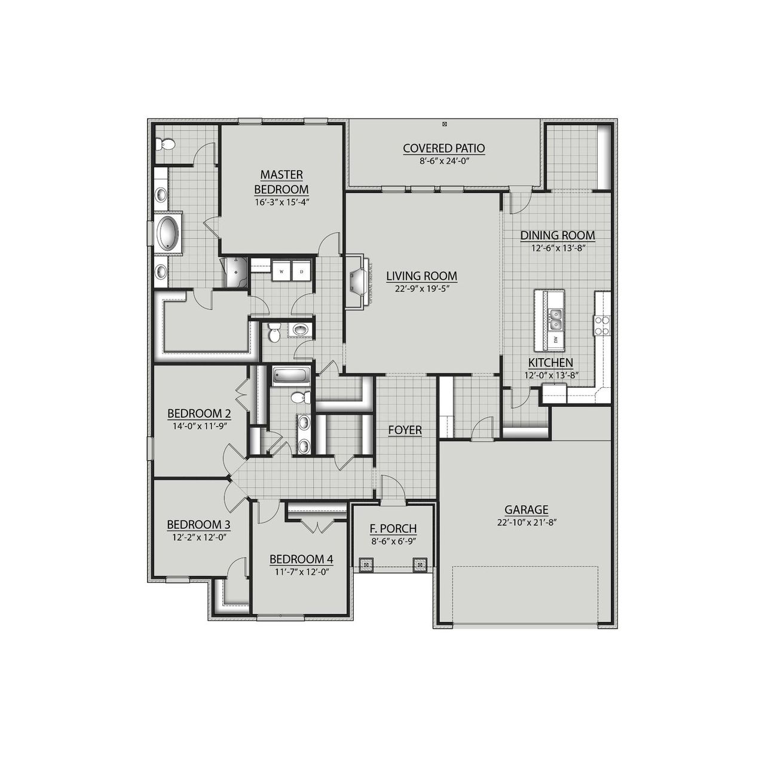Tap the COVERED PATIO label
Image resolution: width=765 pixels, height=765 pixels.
[443, 148]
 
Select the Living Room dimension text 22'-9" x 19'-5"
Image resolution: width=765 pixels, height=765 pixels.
[421, 288]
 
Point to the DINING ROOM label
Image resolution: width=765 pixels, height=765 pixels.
[557, 235]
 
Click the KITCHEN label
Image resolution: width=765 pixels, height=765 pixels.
[550, 363]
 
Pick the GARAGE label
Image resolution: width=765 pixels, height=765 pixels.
[526, 510]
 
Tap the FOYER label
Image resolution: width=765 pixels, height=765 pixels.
[405, 430]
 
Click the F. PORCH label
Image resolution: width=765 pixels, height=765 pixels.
[393, 529]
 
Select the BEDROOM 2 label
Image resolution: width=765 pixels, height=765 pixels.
[199, 414]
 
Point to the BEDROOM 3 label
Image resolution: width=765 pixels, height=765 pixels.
[198, 525]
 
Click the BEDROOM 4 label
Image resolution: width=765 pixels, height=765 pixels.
[301, 559]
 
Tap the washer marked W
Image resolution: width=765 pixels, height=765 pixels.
[281, 271]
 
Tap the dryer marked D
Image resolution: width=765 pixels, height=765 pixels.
[302, 271]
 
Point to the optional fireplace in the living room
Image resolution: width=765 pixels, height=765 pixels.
[359, 281]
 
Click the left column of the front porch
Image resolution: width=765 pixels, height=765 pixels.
[366, 564]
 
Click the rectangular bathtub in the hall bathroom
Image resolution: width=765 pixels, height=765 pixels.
[291, 376]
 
